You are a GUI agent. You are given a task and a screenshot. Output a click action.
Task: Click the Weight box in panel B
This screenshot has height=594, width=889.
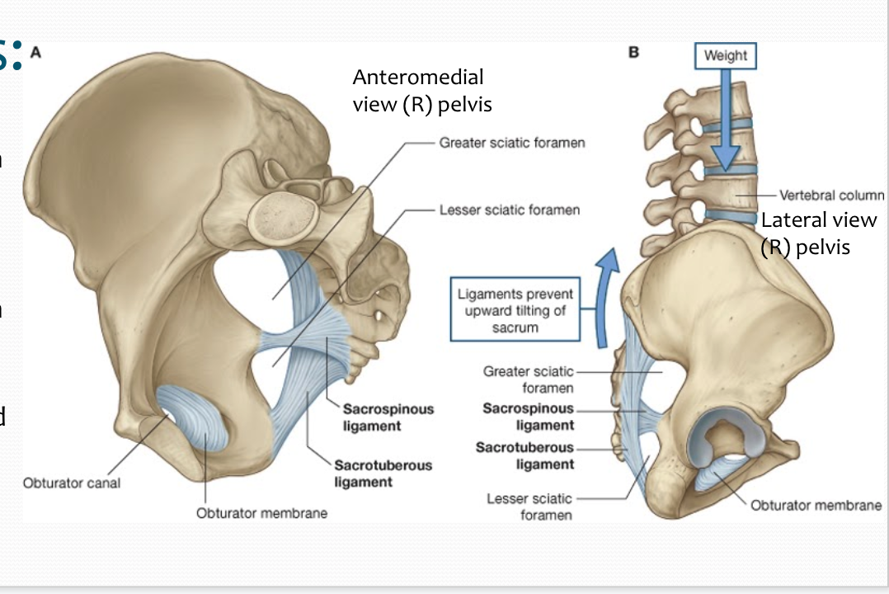coord(725,55)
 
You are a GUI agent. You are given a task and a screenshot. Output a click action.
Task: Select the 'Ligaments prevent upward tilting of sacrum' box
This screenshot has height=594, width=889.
coord(515,310)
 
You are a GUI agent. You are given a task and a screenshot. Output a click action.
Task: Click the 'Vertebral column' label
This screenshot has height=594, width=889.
coord(831,196)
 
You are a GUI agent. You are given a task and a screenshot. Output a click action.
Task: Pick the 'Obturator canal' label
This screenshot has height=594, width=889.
coord(71,483)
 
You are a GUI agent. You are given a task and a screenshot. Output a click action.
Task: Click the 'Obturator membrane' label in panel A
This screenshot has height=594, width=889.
coord(261,513)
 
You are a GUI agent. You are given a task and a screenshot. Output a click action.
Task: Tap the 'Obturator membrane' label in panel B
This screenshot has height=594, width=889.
coord(816,505)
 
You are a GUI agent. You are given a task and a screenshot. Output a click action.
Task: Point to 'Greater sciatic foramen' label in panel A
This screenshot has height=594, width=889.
coord(512,143)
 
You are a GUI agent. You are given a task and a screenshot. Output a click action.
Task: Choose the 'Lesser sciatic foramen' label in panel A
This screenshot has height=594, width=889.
coord(509,210)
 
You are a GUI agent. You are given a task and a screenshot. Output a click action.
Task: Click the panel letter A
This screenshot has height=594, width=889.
coord(35,52)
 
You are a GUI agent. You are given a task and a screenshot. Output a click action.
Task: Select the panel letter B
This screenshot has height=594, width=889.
coord(633,52)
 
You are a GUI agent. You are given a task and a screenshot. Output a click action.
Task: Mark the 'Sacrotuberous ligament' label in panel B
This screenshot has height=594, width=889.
coord(525,455)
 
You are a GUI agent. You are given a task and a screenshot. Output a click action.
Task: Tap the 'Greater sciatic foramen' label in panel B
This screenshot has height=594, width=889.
coord(529,379)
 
